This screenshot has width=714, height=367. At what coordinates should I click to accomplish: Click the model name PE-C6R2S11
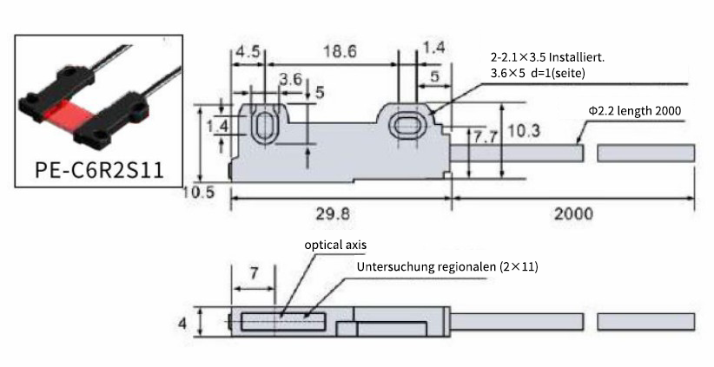pyautogui.click(x=99, y=170)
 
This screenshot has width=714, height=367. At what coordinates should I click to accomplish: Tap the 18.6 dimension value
pyautogui.click(x=340, y=51)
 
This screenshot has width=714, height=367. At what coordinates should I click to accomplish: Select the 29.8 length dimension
pyautogui.click(x=334, y=213)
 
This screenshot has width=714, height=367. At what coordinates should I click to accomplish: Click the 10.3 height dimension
pyautogui.click(x=524, y=130)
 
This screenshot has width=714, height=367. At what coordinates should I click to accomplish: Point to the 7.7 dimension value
pyautogui.click(x=486, y=137)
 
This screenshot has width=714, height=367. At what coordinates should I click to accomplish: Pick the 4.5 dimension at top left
pyautogui.click(x=248, y=51)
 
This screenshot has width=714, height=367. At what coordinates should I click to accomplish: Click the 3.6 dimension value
pyautogui.click(x=291, y=79)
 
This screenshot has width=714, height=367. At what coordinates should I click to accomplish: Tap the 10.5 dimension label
pyautogui.click(x=199, y=193)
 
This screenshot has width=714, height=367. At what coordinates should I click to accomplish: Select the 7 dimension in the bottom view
pyautogui.click(x=254, y=272)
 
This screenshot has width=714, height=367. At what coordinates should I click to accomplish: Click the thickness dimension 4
pyautogui.click(x=182, y=324)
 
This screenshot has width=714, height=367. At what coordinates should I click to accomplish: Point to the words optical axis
pyautogui.click(x=335, y=245)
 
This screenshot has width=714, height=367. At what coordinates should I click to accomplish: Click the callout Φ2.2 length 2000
pyautogui.click(x=635, y=110)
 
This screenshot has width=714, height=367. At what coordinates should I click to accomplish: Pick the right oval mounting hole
pyautogui.click(x=407, y=126)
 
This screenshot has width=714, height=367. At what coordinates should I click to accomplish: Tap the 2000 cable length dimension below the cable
pyautogui.click(x=573, y=213)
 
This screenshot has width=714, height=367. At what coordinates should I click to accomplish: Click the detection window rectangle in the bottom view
pyautogui.click(x=283, y=321)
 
